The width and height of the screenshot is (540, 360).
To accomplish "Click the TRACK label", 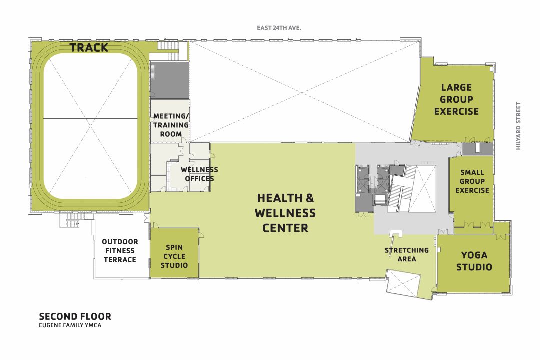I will pos(89,48).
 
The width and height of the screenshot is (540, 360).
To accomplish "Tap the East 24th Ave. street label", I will pos(279,28).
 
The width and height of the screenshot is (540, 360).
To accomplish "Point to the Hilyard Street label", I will pos(518,126).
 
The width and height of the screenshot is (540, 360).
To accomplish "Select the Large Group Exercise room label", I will pos(456,99).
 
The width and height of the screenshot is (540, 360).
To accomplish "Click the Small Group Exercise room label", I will pos(472,181).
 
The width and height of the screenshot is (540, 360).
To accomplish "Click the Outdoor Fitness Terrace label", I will pos(119,251).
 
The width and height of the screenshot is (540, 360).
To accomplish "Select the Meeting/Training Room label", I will pos(171,125).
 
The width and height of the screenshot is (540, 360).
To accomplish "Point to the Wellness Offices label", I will pos(199,174).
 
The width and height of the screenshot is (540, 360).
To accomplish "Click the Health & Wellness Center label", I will pos(285,213).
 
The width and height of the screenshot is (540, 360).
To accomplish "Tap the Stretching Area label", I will pos(406,254).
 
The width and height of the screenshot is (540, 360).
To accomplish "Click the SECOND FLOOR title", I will pos(75,316).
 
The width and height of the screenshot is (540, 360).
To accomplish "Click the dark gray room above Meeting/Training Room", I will pos(170,80).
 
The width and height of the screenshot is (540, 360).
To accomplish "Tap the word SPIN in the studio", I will pos(174,247).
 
